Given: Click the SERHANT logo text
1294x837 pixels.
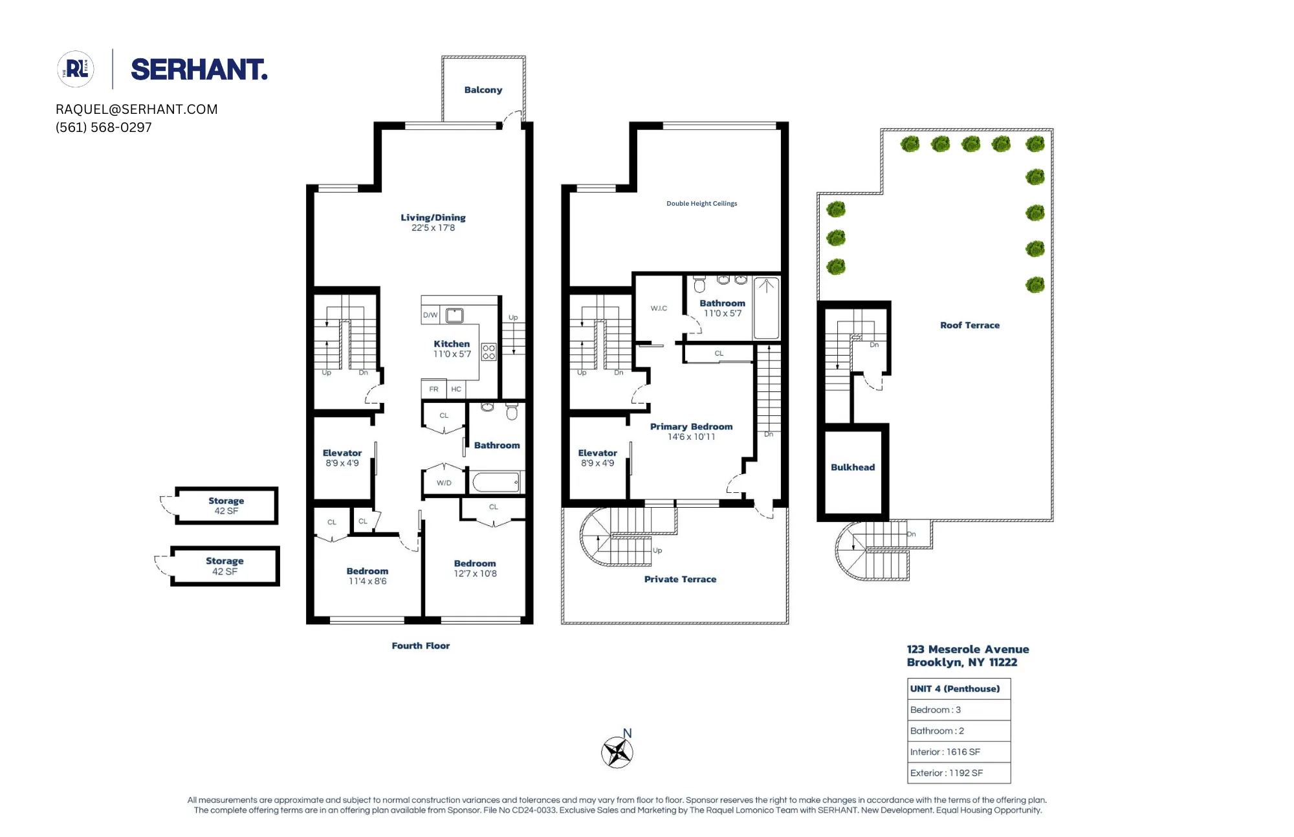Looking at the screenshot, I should click(x=199, y=70).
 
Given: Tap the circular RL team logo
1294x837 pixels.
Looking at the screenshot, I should click(x=76, y=69).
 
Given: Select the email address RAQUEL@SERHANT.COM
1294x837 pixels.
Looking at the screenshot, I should click(x=137, y=109).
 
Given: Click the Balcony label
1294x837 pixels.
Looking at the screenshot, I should click(x=483, y=90).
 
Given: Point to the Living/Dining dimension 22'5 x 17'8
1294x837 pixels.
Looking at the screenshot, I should click(x=433, y=228).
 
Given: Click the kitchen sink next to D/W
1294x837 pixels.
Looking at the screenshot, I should click(x=455, y=316).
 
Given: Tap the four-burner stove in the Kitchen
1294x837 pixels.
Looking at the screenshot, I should click(x=488, y=352).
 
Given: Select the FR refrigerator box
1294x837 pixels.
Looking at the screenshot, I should click(x=433, y=389).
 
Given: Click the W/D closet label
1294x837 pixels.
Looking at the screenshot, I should click(x=444, y=483).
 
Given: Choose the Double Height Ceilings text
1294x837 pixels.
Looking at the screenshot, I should click(x=701, y=203).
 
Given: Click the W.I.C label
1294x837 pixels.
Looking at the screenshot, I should click(x=659, y=308).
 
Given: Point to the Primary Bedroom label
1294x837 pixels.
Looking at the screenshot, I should click(x=691, y=427).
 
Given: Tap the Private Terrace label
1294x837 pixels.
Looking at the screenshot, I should click(x=680, y=580).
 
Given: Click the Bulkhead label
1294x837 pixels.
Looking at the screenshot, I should click(x=852, y=467).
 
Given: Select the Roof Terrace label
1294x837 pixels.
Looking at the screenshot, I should click(x=969, y=325).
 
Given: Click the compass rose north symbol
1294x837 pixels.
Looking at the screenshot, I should click(x=617, y=752).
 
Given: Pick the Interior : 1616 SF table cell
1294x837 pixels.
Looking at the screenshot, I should click(x=958, y=752).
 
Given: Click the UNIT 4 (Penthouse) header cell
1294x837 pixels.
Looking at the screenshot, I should click(x=958, y=689).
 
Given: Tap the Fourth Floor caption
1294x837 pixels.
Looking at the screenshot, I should click(x=421, y=646).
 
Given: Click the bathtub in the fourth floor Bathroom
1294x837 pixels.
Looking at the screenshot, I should click(x=496, y=483).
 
